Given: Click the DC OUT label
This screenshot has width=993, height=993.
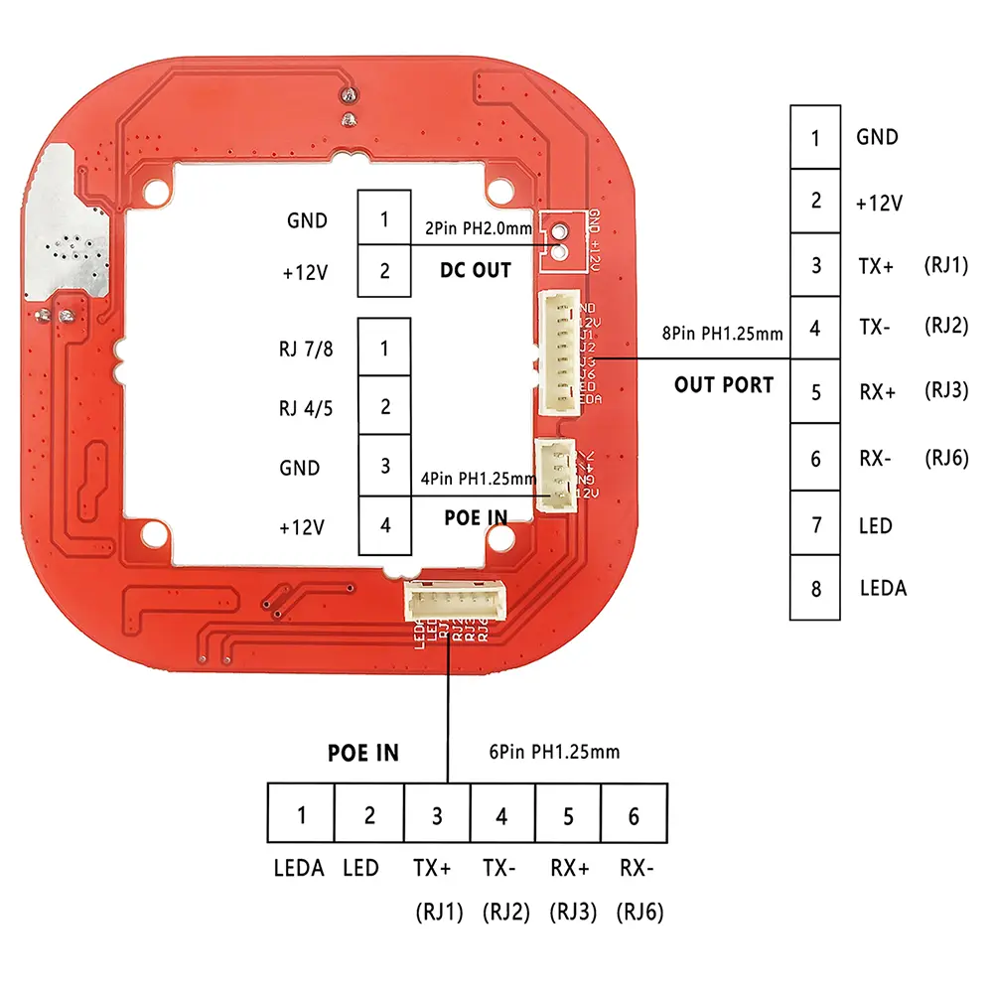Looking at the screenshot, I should [x=475, y=270].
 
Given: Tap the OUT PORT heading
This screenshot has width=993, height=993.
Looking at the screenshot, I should [x=723, y=384].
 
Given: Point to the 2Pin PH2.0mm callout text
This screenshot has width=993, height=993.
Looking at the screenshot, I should [x=479, y=227].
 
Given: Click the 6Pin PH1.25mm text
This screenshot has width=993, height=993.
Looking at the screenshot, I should [x=554, y=752].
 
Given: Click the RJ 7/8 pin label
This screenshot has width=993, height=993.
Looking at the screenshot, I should [x=308, y=349].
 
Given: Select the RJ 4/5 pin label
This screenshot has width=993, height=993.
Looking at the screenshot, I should [x=308, y=407].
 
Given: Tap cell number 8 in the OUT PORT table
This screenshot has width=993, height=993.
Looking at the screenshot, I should [x=815, y=588].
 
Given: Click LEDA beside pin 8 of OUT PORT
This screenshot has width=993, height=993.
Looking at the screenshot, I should [x=883, y=588].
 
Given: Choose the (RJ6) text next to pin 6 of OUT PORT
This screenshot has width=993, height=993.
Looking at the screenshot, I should [x=944, y=458].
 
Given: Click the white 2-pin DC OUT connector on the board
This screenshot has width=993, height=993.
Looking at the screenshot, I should [x=559, y=241].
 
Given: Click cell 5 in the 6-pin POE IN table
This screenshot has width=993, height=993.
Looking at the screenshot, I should [x=568, y=816].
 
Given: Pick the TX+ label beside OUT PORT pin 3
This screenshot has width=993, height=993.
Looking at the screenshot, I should [x=876, y=266].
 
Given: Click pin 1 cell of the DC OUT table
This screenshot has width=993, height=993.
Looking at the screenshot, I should [x=384, y=218].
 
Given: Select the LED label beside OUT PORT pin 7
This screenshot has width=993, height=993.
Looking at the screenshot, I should [x=875, y=524].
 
